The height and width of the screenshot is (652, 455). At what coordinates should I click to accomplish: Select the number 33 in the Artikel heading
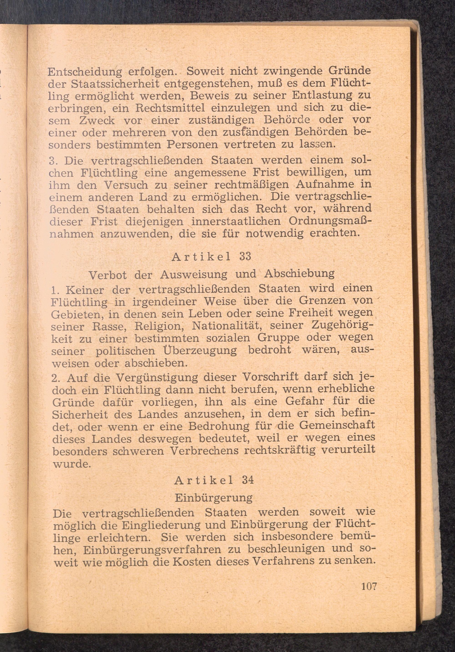click(245, 256)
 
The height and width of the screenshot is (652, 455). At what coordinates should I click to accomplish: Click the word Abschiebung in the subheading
click(299, 273)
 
